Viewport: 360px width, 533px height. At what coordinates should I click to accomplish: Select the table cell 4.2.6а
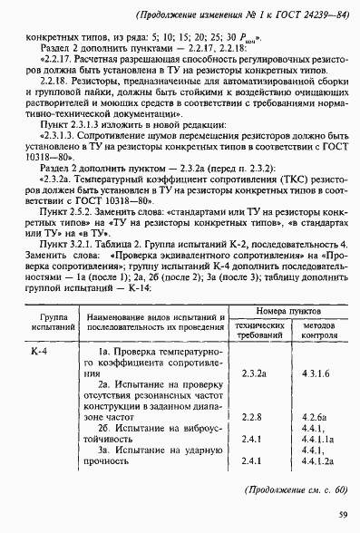[314, 417]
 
